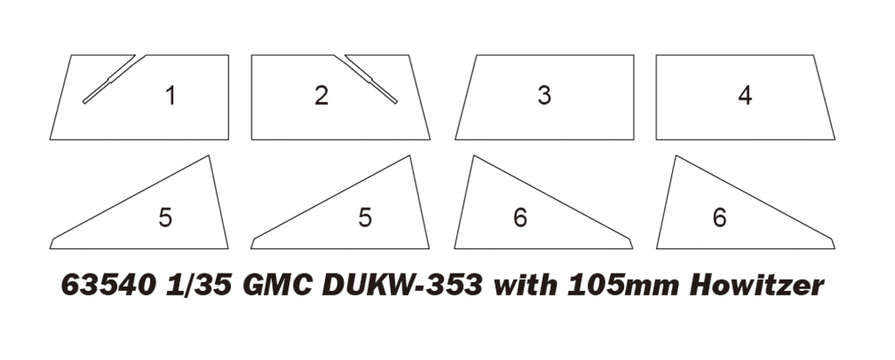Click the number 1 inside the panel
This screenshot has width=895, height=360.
[x=170, y=95]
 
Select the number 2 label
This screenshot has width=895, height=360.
[x=322, y=95]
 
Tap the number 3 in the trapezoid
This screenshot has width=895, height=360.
[x=545, y=95]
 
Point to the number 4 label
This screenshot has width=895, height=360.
[x=745, y=95]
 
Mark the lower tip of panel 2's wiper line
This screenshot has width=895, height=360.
[x=396, y=103]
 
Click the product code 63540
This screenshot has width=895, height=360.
[x=108, y=285]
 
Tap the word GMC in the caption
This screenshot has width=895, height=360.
[x=276, y=285]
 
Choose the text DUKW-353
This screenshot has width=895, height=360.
[x=402, y=285]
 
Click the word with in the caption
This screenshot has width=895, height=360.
[x=525, y=285]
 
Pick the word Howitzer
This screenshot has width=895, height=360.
[x=757, y=285]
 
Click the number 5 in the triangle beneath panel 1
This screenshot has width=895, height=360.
[x=165, y=218]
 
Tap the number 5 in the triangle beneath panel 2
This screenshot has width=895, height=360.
[x=365, y=218]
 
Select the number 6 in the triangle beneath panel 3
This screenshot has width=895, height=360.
[x=520, y=218]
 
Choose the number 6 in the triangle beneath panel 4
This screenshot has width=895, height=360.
[x=720, y=218]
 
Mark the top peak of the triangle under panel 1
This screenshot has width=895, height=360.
[x=209, y=156]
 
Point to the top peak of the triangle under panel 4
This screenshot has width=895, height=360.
[x=676, y=156]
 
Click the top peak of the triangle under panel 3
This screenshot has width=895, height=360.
[x=474, y=156]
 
